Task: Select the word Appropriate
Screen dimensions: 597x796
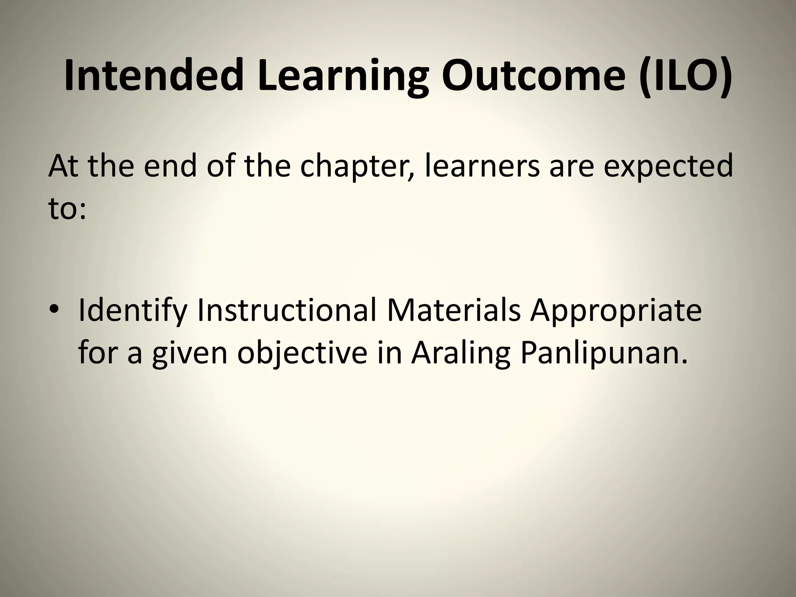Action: pos(616,311)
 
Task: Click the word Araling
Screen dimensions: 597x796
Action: pos(461,354)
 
